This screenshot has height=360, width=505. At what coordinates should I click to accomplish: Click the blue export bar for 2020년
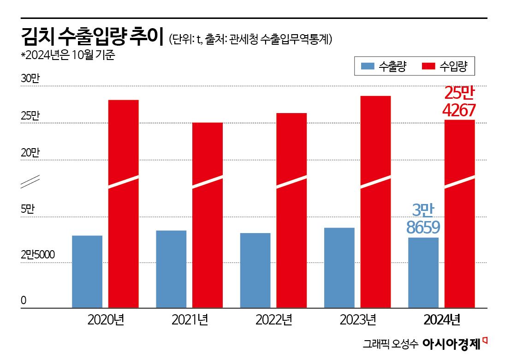tap(87, 271)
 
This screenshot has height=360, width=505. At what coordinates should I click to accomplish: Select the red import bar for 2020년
tap(123, 203)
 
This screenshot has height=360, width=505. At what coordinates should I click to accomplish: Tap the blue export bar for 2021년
tap(171, 269)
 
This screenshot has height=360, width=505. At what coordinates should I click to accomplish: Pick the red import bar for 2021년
tap(208, 215)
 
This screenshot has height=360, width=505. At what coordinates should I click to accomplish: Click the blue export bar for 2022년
tap(255, 270)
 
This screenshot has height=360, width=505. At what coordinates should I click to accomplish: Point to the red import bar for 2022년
tap(291, 210)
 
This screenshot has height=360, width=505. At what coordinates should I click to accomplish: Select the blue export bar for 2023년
tap(339, 267)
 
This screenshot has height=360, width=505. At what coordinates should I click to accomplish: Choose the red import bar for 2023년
tap(375, 201)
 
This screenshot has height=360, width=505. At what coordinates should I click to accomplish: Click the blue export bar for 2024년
tap(423, 272)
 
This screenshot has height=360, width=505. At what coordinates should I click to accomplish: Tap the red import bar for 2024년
tap(459, 213)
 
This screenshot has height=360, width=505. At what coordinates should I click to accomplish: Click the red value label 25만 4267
tap(459, 102)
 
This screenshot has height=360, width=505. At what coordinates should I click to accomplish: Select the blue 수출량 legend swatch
tap(367, 66)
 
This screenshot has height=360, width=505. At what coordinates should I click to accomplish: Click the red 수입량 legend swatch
tap(428, 66)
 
